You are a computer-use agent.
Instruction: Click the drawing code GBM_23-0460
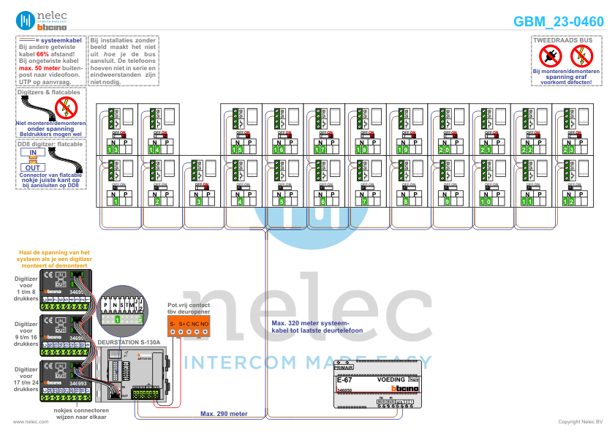[558, 21]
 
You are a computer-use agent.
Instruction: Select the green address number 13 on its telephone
[112, 150]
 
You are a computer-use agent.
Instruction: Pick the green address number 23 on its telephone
[568, 150]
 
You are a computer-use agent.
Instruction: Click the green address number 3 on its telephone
[198, 201]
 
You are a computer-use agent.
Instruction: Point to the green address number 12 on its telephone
[568, 201]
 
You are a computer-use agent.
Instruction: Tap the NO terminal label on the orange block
[205, 322]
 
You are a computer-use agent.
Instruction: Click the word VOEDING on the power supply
[390, 380]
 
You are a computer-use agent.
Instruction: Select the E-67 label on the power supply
[344, 380]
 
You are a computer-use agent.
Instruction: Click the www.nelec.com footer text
[30, 422]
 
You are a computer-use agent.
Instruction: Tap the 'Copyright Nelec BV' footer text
[580, 422]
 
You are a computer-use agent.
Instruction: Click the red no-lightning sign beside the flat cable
[66, 107]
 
